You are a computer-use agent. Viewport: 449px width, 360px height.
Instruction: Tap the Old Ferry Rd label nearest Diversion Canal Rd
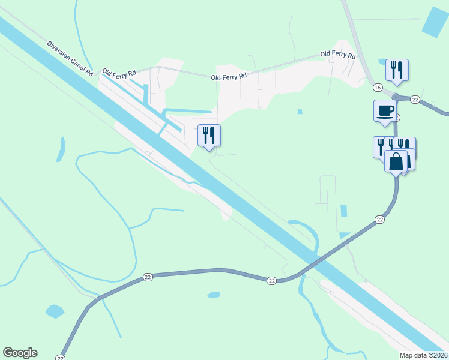[119, 73]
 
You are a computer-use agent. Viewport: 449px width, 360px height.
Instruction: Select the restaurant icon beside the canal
[209, 135]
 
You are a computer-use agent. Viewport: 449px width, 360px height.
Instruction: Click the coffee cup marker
[385, 110]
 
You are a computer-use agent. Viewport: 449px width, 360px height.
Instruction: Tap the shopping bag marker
[396, 161]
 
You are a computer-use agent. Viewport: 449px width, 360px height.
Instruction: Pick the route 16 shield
[377, 88]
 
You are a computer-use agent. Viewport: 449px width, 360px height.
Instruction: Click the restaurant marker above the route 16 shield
[397, 70]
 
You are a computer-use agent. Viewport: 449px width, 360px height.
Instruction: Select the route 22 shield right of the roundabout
[415, 99]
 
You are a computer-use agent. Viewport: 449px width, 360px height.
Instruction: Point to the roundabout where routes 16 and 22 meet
[396, 97]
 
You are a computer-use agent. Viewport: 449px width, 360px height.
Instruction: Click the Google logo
[20, 353]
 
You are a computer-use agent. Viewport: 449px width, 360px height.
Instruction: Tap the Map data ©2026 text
[424, 355]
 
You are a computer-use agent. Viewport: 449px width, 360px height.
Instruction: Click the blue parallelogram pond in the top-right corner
[435, 23]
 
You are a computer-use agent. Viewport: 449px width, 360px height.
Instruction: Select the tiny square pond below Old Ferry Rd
[300, 111]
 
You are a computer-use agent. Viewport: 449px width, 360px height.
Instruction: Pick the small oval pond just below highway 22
[214, 295]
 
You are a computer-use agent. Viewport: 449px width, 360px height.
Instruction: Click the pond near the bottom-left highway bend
[54, 311]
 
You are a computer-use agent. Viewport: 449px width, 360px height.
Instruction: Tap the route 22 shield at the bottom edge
[60, 357]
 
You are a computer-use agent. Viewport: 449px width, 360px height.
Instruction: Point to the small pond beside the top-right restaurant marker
[381, 61]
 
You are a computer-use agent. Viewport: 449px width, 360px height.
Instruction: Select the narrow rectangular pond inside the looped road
[343, 211]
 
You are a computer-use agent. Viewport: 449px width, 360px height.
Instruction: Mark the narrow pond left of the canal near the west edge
[61, 150]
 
